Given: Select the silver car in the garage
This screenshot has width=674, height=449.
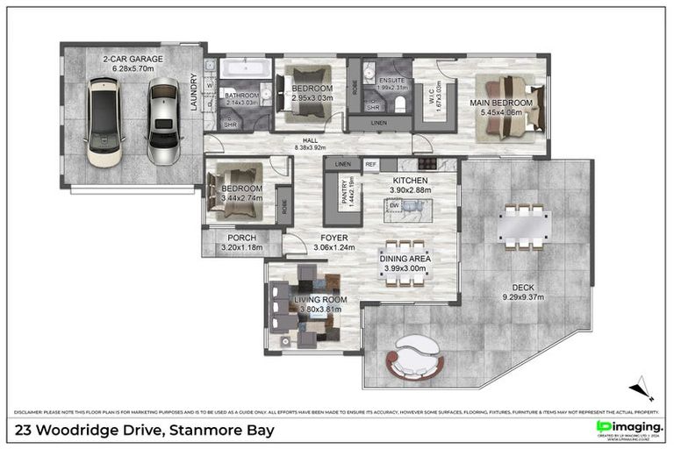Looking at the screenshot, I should click(162, 123).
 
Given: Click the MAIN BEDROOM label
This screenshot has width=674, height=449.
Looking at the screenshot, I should click(495, 103).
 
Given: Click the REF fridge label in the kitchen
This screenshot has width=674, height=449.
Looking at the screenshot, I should click(370, 164).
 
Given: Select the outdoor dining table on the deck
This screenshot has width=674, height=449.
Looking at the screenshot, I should click(524, 225).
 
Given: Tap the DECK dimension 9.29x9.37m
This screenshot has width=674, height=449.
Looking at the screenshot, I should click(524, 296).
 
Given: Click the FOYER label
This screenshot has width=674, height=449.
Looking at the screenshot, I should click(333, 238).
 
